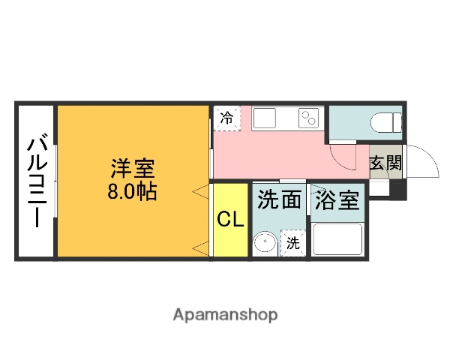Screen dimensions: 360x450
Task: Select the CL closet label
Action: tap(230, 220)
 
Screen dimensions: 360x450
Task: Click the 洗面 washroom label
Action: tap(280, 199)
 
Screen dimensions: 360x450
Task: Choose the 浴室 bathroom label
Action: tap(337, 200)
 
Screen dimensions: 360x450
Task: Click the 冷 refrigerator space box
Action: tap(227, 118)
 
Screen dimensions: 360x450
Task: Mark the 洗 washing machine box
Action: tap(293, 243)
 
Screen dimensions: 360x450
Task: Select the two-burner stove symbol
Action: tap(309, 118)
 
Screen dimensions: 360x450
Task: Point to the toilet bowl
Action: tap(386, 121)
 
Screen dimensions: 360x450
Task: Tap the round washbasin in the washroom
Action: tap(263, 243)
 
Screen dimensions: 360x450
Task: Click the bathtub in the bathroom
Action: tap(337, 239)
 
